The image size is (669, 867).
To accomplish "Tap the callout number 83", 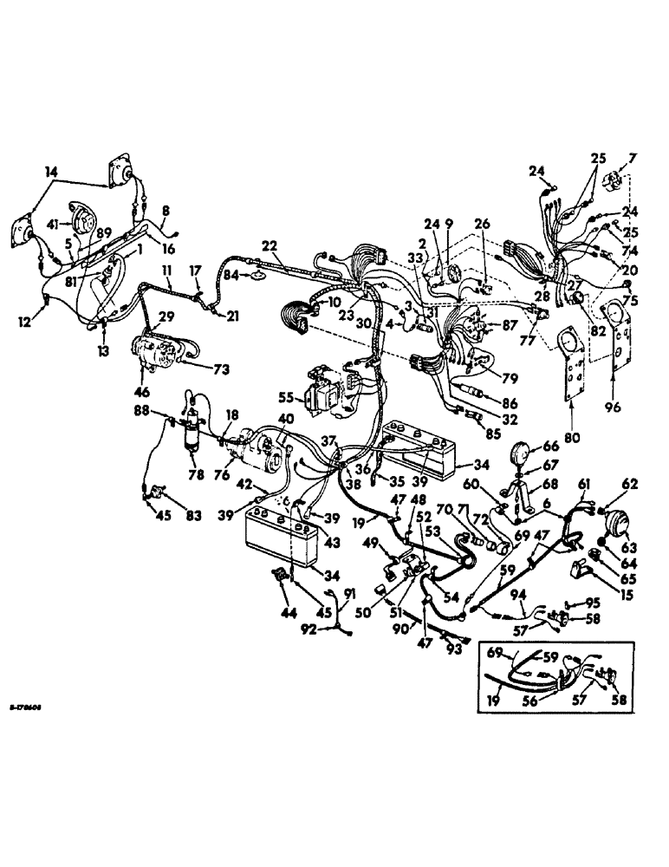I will [x=192, y=517].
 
